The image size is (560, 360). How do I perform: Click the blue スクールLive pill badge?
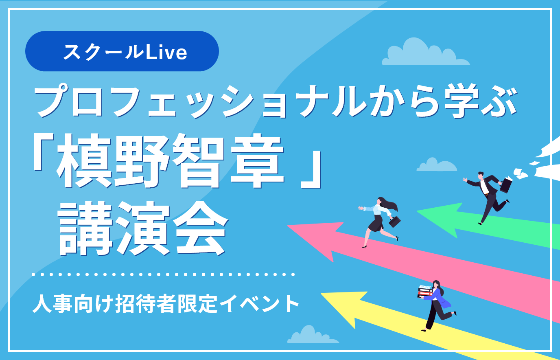click(x=122, y=51)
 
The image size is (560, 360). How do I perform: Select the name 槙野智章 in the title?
click(x=170, y=161)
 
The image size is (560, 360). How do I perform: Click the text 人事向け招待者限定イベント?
click(x=166, y=304)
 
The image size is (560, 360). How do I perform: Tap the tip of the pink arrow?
click(x=288, y=226)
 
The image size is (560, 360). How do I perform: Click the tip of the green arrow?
click(x=417, y=211)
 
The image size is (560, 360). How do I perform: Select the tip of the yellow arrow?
click(x=321, y=294)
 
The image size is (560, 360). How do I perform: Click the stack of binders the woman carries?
click(x=425, y=291)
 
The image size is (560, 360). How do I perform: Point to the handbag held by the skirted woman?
click(x=395, y=222)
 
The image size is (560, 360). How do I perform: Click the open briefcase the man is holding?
click(x=506, y=184)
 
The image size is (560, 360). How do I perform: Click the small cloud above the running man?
click(x=437, y=165)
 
